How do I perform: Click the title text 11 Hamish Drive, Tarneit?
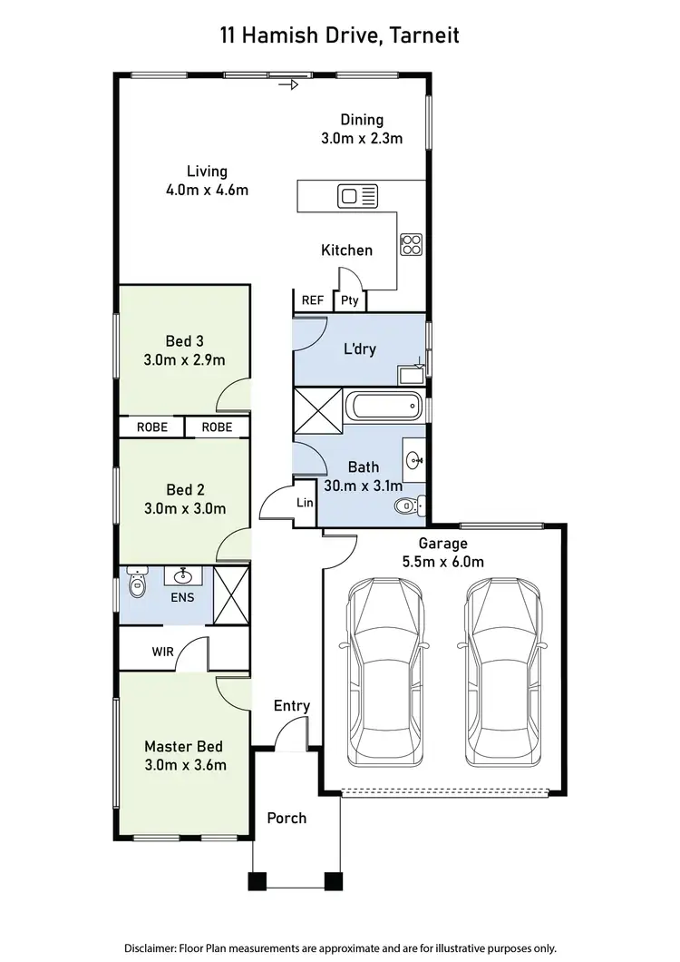point(339,36)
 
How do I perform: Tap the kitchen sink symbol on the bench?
point(357,195)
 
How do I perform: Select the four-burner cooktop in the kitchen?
point(412,243)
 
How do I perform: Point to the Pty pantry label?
point(350,301)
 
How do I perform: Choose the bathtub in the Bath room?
point(385,406)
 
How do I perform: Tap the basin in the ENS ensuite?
point(183,575)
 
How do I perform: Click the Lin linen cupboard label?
point(305,503)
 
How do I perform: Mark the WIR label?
point(163,651)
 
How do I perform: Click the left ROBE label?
point(151,427)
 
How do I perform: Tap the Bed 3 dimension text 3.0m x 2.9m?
point(183,360)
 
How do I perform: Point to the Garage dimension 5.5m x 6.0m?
point(443,562)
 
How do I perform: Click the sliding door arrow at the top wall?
point(289,86)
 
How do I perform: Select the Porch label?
point(287,818)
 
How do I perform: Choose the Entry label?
point(292,705)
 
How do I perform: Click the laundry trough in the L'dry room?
point(413,373)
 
